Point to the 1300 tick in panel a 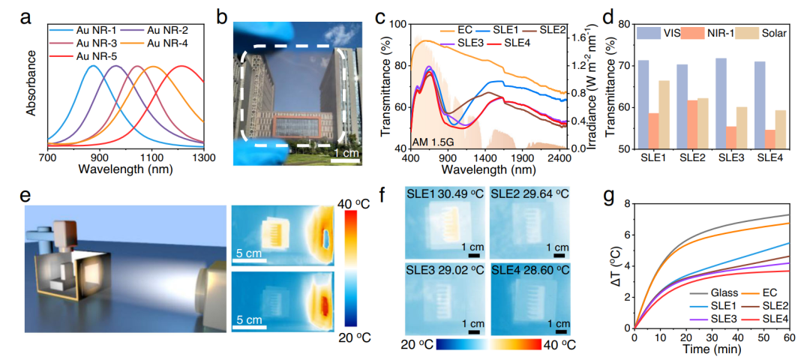coord(204,158)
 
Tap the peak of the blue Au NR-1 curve coord(93,66)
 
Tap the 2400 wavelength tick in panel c coord(559,158)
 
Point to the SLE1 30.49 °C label coord(445,194)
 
